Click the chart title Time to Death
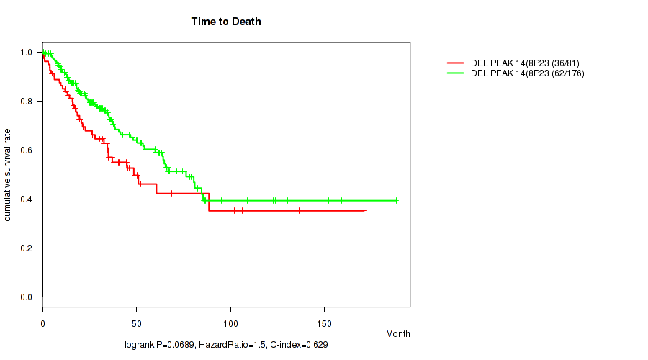click(x=226, y=22)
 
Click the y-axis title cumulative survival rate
click(x=8, y=174)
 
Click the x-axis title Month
click(x=397, y=334)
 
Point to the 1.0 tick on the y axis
click(x=26, y=53)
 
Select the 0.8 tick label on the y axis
click(x=26, y=102)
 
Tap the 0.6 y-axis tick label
click(x=26, y=150)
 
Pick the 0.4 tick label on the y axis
click(x=26, y=199)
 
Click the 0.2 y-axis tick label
click(x=26, y=248)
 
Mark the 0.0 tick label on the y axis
click(x=26, y=297)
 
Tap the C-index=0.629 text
click(x=298, y=346)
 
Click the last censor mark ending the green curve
click(x=396, y=200)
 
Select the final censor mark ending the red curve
click(x=364, y=210)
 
